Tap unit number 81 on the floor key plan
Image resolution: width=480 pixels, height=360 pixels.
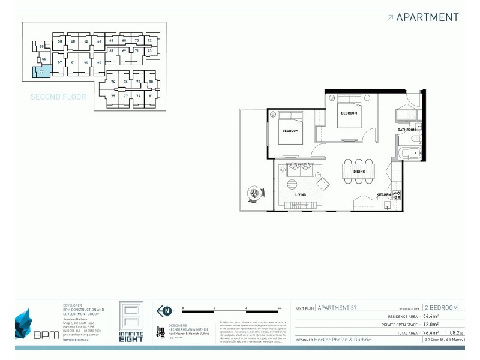(151, 96)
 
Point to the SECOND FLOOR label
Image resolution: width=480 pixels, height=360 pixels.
(58, 97)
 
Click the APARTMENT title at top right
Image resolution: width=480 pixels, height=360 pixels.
(427, 17)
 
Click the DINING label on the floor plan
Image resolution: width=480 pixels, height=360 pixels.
(359, 172)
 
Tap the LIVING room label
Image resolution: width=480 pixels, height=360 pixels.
(300, 194)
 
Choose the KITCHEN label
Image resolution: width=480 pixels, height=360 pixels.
(383, 195)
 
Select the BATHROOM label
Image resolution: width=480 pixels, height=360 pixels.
(407, 130)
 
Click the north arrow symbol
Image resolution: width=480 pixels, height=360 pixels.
(162, 310)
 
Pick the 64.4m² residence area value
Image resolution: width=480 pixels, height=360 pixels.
(431, 316)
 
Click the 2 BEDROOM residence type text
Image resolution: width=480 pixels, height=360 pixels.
(440, 307)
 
